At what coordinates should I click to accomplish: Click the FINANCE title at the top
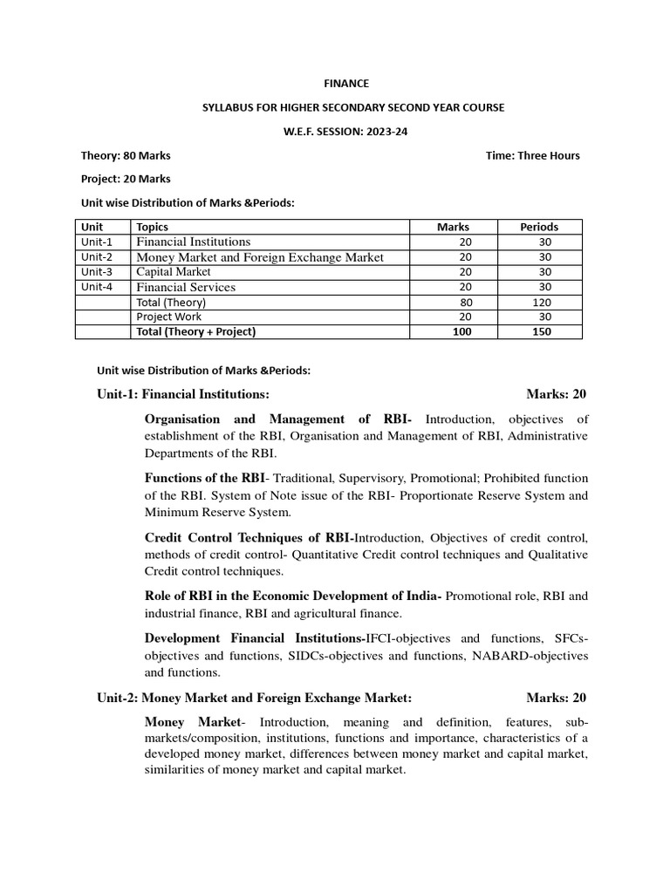tap(346, 84)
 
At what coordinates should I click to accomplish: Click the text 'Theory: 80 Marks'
tap(126, 156)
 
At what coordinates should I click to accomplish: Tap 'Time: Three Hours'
tap(532, 156)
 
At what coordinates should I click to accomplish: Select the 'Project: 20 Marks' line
tap(126, 179)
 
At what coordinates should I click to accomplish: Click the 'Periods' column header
tap(539, 227)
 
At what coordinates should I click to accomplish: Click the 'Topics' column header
tap(153, 227)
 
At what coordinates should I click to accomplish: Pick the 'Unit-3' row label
tap(97, 271)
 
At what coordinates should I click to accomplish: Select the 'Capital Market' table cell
tap(174, 271)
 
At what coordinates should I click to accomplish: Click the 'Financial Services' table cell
tap(186, 287)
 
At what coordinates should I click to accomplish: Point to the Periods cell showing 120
tap(542, 302)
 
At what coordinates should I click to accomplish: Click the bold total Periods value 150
tap(542, 332)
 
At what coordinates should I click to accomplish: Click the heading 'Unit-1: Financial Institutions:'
tap(177, 394)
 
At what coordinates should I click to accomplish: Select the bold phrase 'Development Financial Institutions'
tap(254, 638)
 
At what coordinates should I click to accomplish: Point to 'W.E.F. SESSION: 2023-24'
tap(346, 131)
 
